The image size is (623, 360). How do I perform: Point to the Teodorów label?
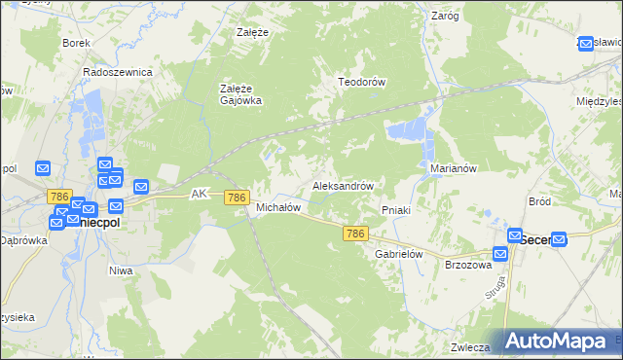[362, 82]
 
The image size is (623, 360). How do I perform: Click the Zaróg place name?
[444, 16]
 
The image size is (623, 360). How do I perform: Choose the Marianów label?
[453, 167]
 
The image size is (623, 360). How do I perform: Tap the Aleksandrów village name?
[343, 185]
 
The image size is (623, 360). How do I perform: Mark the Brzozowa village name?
[464, 265]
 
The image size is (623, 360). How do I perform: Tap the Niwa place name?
[120, 270]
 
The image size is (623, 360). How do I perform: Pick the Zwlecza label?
[468, 345]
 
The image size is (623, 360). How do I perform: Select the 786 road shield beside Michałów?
[236, 198]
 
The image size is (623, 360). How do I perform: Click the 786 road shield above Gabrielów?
[355, 234]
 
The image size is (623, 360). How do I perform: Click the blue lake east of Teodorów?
[407, 129]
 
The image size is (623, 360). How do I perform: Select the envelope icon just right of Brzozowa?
[499, 255]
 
